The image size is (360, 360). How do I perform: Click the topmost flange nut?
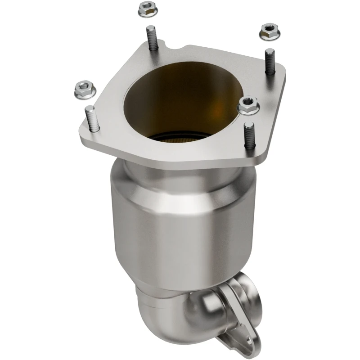146,7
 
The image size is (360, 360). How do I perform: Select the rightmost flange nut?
268,31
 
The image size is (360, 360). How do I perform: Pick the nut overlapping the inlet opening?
247,104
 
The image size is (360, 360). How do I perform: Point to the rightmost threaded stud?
269,61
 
